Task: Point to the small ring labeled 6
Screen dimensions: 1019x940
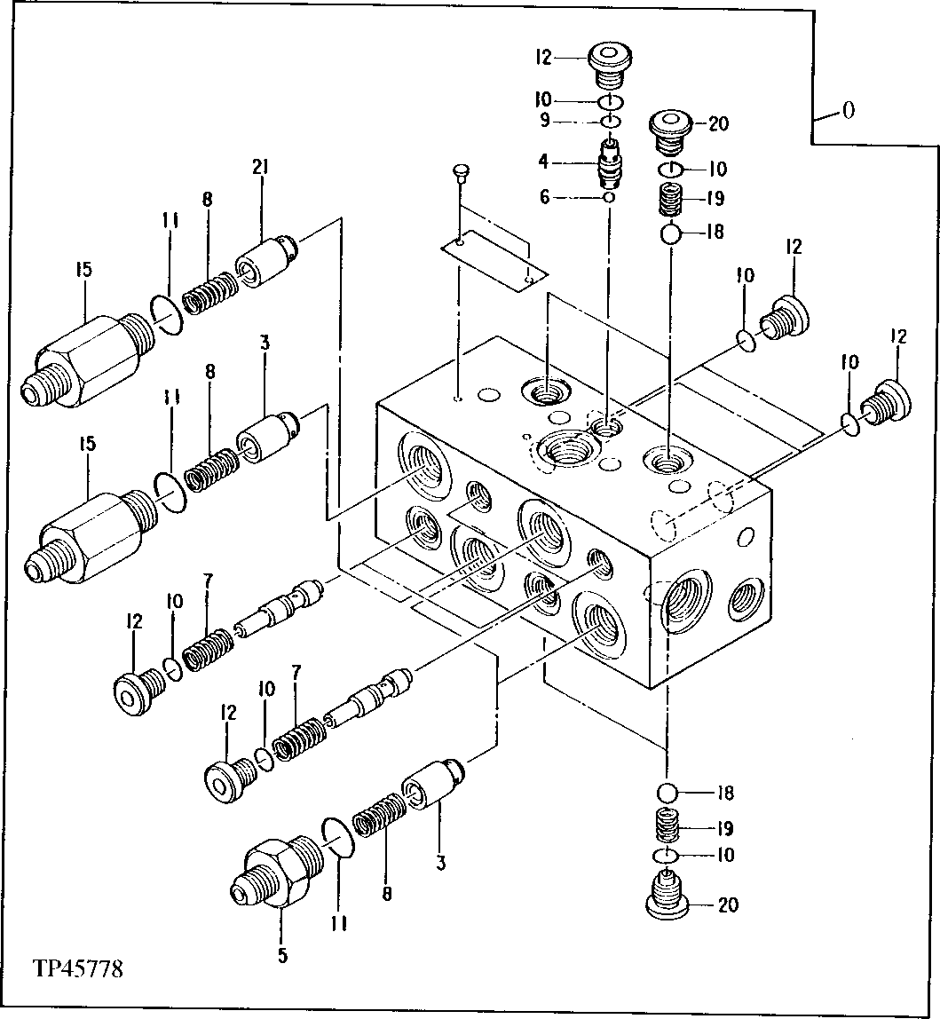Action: pos(609,197)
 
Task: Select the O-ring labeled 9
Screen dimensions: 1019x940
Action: pos(609,121)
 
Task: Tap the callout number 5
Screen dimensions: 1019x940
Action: pos(282,956)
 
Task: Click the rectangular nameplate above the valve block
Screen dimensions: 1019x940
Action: pos(492,257)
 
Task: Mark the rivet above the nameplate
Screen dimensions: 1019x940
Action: pos(459,171)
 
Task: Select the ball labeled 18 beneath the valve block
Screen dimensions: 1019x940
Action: pos(667,792)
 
